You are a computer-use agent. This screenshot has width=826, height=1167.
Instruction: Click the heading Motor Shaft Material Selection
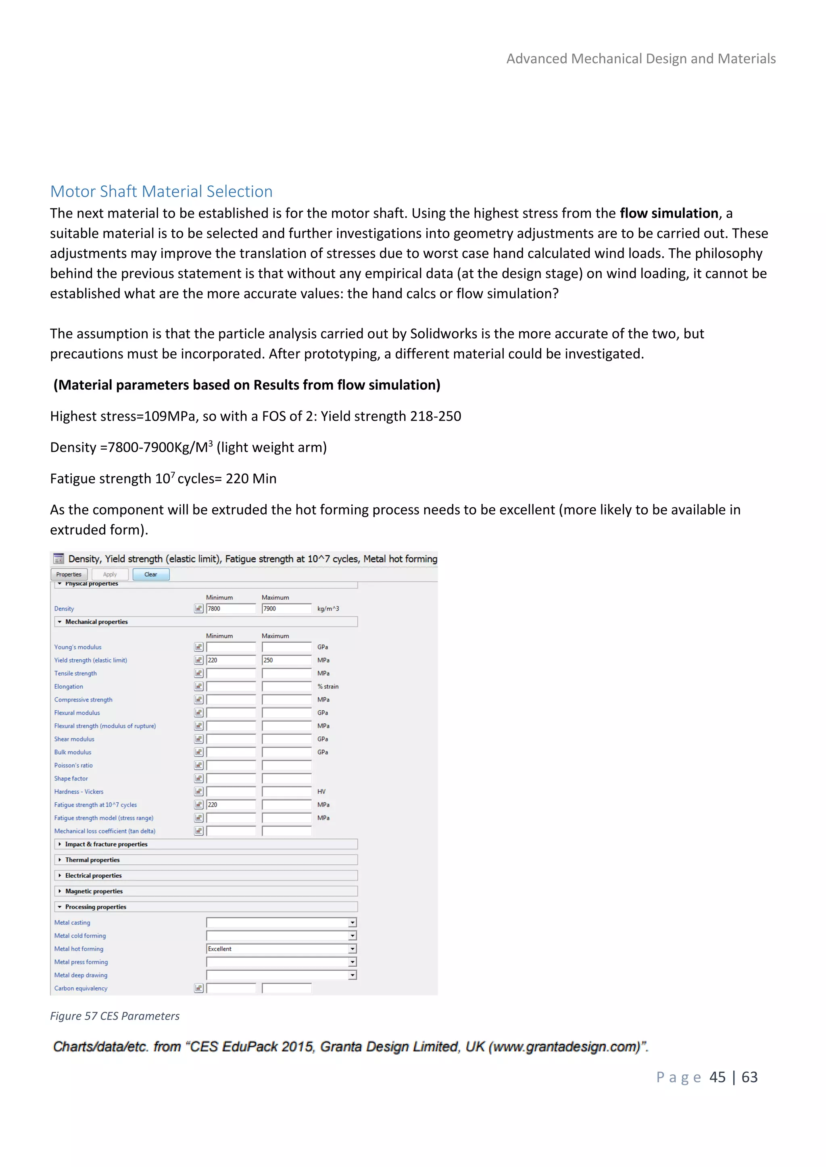coord(161,192)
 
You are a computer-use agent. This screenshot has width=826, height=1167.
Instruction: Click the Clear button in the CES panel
coord(150,574)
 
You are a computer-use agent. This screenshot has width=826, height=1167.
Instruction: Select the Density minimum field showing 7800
coord(231,608)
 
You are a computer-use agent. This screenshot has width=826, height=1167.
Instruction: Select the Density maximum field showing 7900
coord(286,608)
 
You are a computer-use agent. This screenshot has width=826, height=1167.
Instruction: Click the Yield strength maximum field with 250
coord(286,660)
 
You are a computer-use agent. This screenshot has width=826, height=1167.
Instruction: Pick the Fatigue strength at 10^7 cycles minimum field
coord(231,805)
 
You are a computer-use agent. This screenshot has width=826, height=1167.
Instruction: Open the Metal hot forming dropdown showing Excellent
coord(281,949)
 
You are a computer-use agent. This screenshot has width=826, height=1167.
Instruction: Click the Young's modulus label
coord(78,647)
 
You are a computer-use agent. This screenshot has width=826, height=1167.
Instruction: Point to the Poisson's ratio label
coord(74,766)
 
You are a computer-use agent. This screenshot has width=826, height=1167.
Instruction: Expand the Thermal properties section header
coord(93,860)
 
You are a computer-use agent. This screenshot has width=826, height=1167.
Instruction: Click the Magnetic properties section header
coord(94,891)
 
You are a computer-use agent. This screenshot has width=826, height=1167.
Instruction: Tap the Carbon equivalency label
coord(81,988)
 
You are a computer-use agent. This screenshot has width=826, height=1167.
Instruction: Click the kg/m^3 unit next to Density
coord(328,608)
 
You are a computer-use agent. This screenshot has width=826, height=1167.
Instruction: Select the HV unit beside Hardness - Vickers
coord(321,791)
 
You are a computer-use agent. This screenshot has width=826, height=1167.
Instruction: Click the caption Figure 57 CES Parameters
coord(115,1016)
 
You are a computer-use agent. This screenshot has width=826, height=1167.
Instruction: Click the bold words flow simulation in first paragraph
coord(668,214)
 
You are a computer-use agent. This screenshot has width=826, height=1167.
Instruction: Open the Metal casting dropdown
coord(281,922)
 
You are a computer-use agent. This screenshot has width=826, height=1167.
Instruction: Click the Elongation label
coord(69,687)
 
